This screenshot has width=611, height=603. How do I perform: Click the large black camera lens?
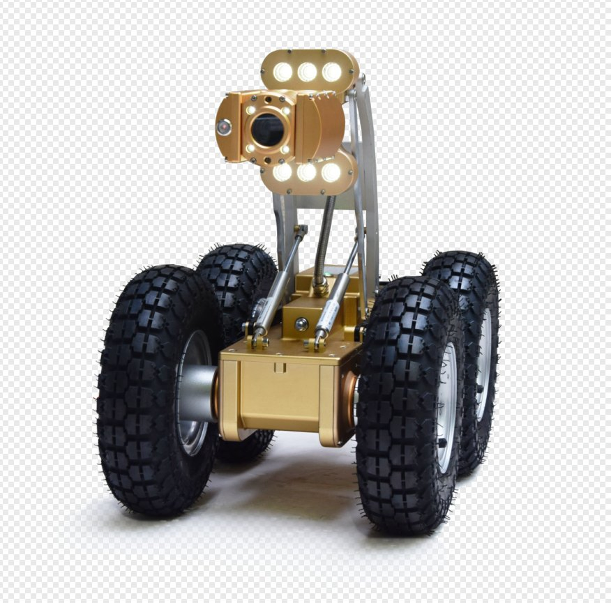coord(268,129)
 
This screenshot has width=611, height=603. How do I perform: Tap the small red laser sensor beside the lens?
coord(224,127)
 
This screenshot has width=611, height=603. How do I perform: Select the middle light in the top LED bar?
coord(307,72)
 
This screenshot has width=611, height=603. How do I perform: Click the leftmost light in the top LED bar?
coord(282,72)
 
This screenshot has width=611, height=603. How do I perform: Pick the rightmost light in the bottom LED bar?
coord(331,172)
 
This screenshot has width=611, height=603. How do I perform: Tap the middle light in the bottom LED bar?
coord(307,172)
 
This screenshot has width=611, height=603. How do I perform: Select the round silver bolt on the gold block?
coord(301,323)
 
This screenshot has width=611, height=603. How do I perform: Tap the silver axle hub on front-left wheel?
coord(197,394)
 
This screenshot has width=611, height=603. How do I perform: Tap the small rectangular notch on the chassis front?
coord(279,367)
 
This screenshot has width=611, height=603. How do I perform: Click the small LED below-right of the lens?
coord(285,149)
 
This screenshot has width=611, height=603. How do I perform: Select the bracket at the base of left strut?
coord(259,341)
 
